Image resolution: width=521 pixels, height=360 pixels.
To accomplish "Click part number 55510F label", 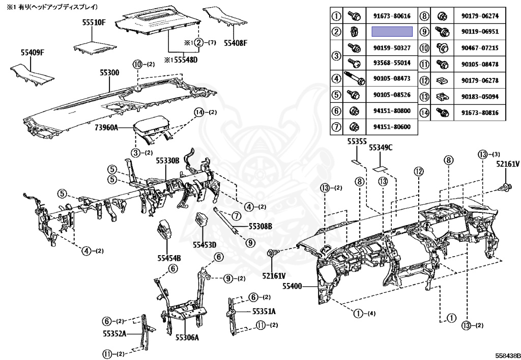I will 94,22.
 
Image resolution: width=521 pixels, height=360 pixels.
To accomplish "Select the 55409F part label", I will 33,52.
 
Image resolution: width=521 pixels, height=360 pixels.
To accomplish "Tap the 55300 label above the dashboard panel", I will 109,73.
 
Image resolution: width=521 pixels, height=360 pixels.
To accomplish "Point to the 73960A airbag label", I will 107,128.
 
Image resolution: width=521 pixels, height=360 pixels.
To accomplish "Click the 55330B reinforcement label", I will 168,160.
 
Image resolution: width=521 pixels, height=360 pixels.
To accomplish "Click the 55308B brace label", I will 260,225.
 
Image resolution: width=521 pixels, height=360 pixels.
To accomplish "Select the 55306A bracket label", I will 187,337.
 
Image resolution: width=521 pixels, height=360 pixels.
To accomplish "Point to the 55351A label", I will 264,312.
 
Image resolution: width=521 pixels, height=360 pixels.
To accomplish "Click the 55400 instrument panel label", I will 293,287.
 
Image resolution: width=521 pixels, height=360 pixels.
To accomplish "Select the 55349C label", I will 381,148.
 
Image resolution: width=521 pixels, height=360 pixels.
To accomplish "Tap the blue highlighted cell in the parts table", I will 392,32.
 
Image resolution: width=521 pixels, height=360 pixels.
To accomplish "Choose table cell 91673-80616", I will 392,16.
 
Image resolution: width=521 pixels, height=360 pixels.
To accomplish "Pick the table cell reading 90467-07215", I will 480,48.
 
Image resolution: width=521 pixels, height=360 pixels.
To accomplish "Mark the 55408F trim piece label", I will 236,42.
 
